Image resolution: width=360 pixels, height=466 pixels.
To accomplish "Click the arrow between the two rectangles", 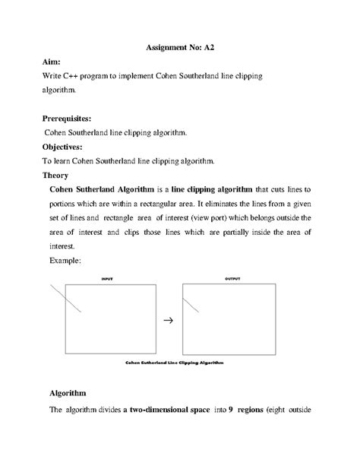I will click(x=169, y=321).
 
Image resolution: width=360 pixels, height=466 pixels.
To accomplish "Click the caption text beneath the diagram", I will click(x=175, y=363).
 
